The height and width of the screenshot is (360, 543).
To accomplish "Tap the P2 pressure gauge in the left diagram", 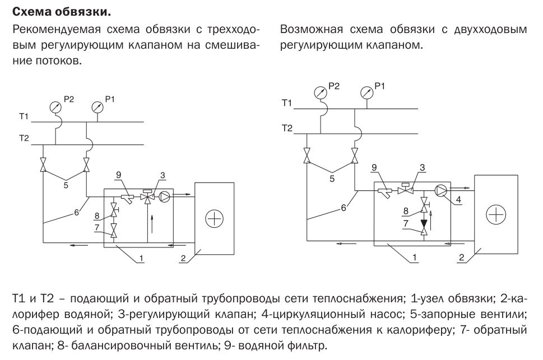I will (x=55, y=106).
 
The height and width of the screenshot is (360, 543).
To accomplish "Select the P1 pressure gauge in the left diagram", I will (x=96, y=106).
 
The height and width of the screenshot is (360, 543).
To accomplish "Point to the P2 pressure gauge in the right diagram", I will (x=320, y=90).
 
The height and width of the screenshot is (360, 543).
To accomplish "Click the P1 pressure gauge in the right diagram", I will (x=367, y=90).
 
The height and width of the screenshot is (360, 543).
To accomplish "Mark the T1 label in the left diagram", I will (x=23, y=116).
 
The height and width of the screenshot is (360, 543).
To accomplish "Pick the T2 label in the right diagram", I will (x=287, y=128).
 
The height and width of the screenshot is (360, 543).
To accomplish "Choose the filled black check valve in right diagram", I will (x=423, y=226).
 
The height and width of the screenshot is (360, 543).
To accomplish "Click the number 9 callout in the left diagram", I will (x=118, y=175).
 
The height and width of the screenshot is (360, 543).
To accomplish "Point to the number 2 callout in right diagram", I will (x=461, y=258).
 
